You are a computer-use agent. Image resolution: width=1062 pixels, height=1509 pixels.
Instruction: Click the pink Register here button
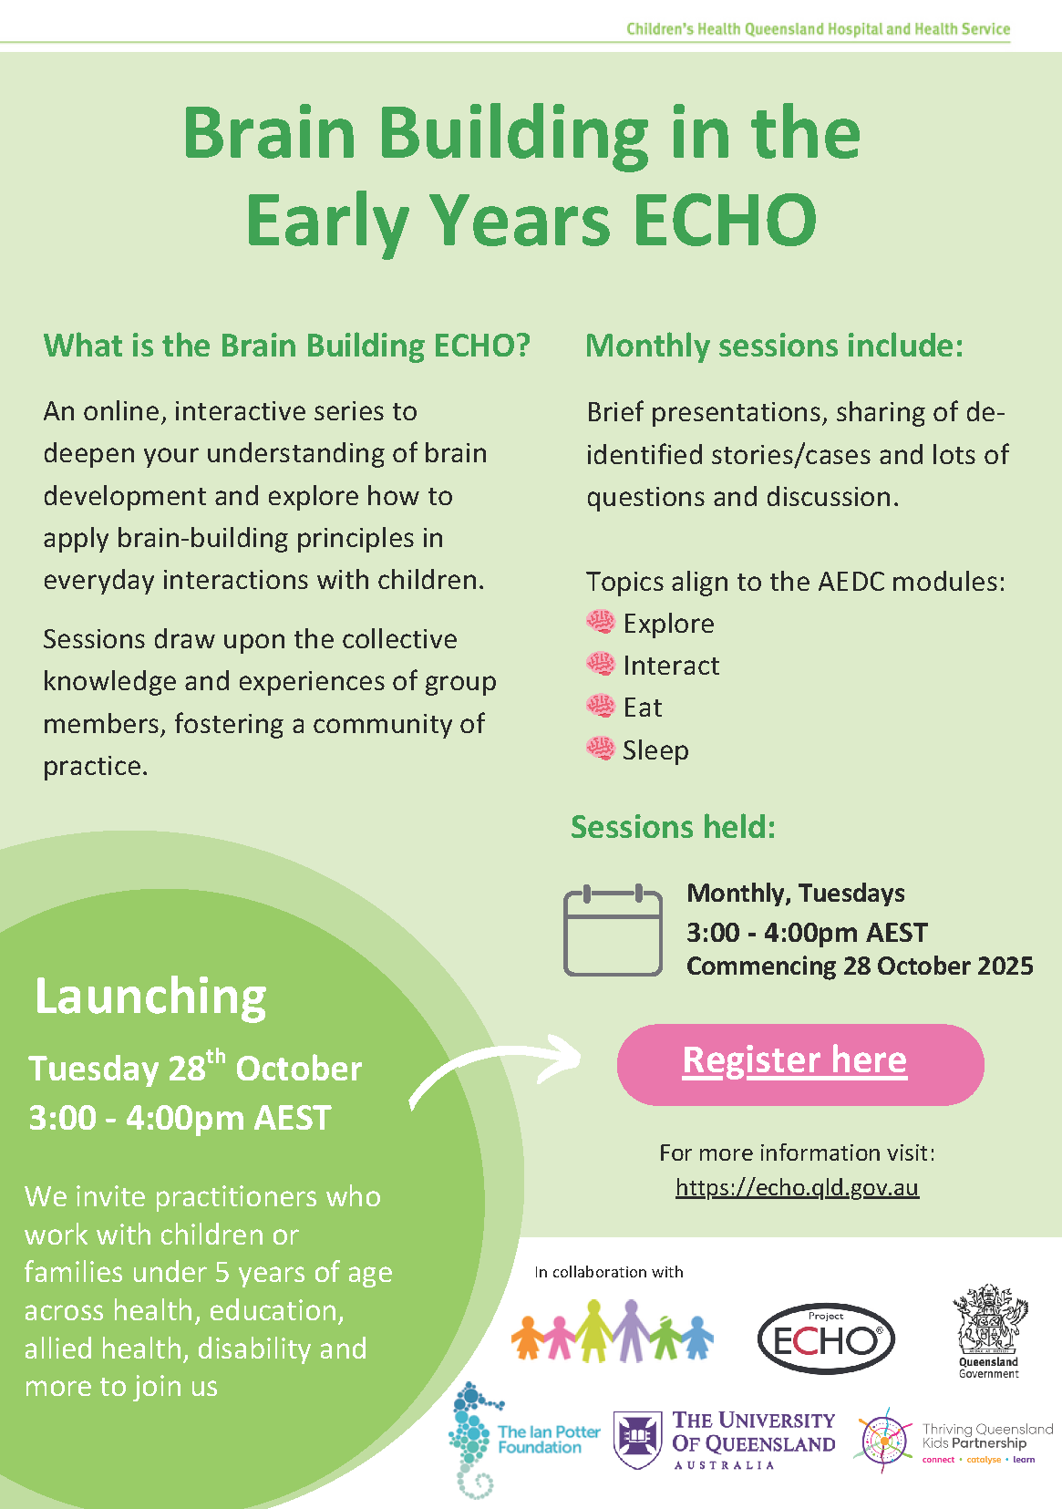coord(800,1064)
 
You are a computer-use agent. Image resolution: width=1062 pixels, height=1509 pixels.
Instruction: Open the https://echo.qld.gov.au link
coord(797,1187)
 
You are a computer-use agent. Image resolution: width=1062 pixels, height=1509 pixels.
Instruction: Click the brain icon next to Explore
coord(601,622)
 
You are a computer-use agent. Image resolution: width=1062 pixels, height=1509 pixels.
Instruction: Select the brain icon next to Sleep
coord(601,749)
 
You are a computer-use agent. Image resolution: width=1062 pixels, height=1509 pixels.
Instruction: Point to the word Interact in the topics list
coord(672,666)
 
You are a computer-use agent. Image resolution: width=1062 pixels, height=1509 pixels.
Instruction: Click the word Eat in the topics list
coord(643,708)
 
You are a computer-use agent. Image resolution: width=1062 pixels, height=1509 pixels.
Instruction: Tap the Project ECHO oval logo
coord(826,1340)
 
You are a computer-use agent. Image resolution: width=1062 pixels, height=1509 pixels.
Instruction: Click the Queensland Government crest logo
coord(989,1330)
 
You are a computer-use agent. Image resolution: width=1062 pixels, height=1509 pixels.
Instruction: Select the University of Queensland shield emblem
coord(636,1440)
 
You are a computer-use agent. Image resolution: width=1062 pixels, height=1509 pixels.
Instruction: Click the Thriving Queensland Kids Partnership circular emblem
coord(885,1441)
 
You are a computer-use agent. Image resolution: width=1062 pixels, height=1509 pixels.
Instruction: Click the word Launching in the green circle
coord(150,997)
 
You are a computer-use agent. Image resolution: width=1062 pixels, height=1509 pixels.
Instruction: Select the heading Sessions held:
coord(674,827)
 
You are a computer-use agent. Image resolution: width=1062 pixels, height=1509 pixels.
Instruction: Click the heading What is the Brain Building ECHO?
coord(287,346)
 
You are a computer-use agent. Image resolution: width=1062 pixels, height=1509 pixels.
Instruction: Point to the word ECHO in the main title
coord(726,220)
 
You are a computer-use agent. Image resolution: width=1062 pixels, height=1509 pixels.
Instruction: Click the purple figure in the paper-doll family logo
coord(631,1331)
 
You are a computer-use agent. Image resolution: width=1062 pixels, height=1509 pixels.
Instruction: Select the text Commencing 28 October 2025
coord(860,966)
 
